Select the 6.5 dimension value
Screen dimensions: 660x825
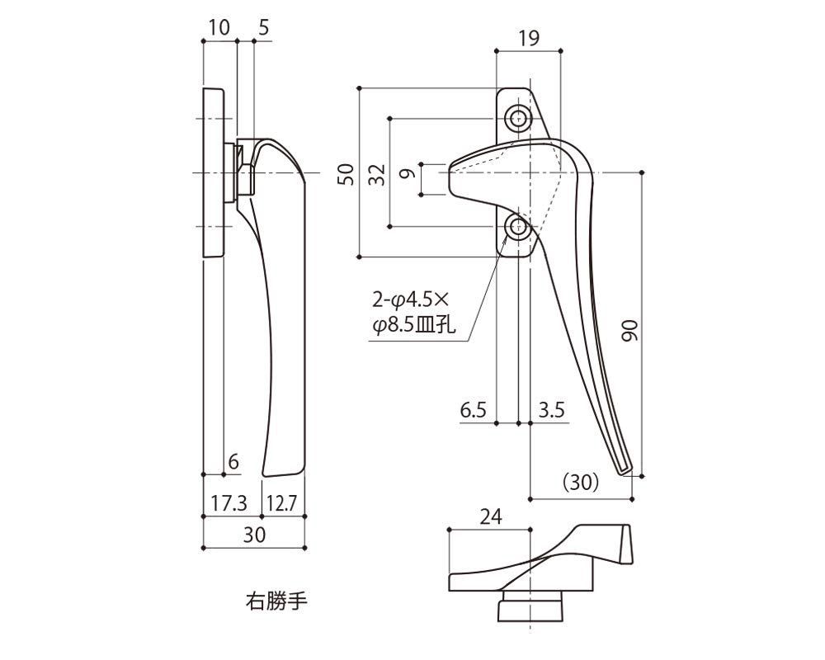(474, 410)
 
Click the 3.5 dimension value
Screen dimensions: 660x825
(550, 410)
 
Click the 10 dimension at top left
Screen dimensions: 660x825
(219, 26)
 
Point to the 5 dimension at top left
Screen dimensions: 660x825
(263, 26)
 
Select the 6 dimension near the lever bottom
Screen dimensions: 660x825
(233, 463)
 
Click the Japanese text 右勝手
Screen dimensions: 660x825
(276, 600)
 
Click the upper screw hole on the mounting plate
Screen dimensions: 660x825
(518, 119)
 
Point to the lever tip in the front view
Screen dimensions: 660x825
(626, 470)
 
